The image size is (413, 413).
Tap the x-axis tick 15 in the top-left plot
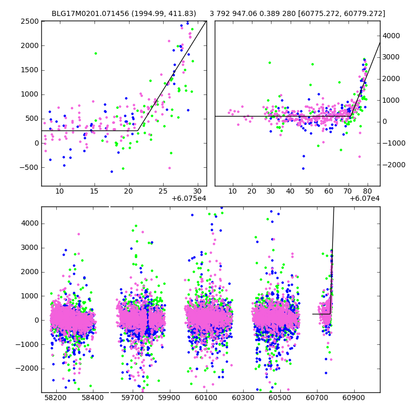94,192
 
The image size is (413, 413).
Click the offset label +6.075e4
189,198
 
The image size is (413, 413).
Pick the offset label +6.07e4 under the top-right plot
364,198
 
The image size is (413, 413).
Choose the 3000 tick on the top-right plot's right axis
391,57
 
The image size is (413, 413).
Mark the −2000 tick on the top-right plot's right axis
393,165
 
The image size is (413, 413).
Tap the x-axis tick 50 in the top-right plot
309,192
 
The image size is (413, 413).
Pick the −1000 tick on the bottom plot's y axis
29,344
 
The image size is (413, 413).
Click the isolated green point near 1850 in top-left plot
96,53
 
